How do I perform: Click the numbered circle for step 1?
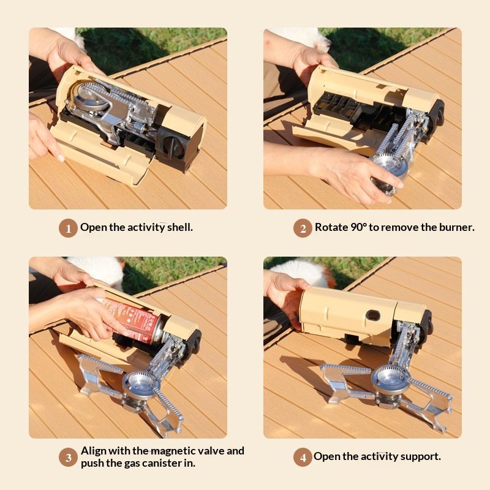(x=68, y=228)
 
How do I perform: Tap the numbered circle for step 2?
(x=303, y=228)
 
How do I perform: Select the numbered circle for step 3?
(x=68, y=458)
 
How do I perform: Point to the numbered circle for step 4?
(x=303, y=458)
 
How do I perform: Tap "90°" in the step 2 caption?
(x=358, y=227)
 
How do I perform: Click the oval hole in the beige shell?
(x=373, y=315)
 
